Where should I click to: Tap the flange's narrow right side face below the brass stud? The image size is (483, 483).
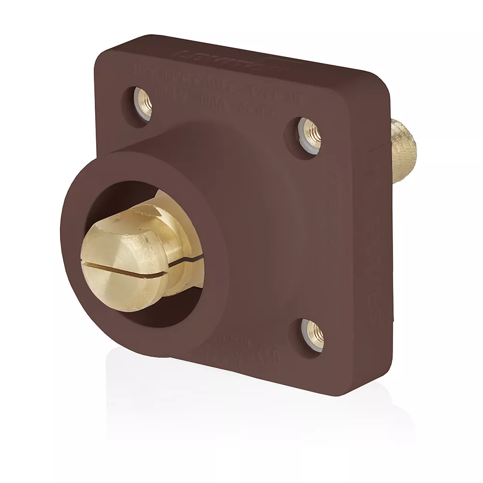(384, 266)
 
